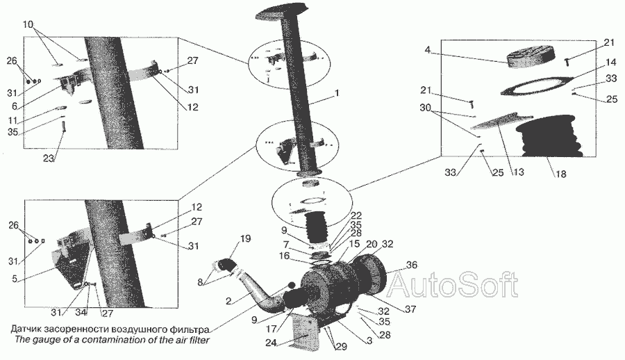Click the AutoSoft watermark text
point(453,284)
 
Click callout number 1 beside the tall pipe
point(337,93)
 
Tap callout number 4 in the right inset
point(428,50)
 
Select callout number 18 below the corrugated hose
point(561,174)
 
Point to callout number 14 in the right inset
point(610,63)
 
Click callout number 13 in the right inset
point(519,172)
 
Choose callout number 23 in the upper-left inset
point(49,158)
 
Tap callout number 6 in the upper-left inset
point(15,106)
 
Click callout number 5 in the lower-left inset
point(15,279)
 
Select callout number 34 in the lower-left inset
point(81,313)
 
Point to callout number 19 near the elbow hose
point(246,238)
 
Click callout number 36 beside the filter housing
point(412,265)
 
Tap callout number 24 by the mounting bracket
point(272,343)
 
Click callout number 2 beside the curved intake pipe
point(228,302)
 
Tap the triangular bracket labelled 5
point(70,267)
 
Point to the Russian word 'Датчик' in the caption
point(26,329)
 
